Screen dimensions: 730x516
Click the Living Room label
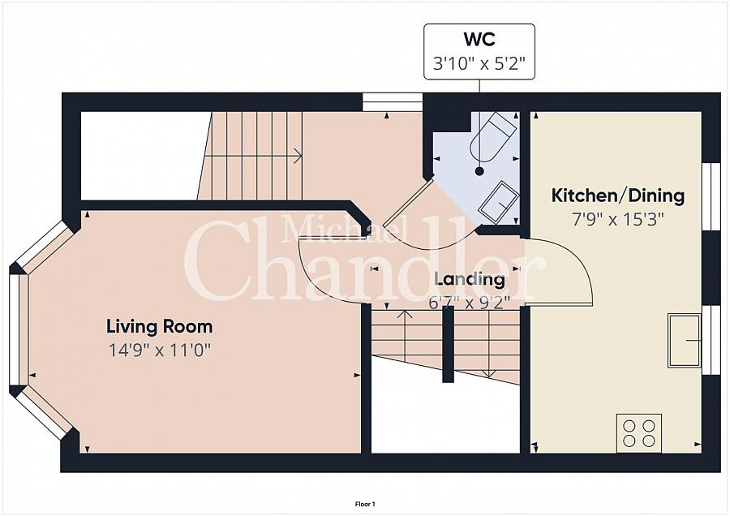click(160, 326)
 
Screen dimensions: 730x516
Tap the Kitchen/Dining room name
click(618, 196)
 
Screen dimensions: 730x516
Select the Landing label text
click(470, 279)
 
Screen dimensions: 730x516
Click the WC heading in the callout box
click(479, 40)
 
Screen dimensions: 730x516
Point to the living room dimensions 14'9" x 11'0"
click(160, 350)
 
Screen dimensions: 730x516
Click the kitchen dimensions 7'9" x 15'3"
click(618, 219)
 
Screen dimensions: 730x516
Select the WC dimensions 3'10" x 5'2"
click(479, 62)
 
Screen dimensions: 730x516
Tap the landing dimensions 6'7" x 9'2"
click(470, 303)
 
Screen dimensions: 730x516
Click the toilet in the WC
click(492, 136)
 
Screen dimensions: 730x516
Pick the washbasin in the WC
click(499, 201)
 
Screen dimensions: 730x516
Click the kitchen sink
click(685, 341)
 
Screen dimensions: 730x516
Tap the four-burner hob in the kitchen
click(639, 433)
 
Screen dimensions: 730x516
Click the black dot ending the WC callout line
click(479, 171)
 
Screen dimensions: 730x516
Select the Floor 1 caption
click(365, 504)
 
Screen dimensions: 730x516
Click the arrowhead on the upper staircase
click(298, 157)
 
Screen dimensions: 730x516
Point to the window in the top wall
click(393, 102)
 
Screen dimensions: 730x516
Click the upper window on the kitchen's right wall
click(711, 196)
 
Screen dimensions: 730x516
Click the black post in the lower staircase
click(448, 344)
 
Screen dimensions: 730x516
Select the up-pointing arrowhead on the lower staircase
click(406, 313)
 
